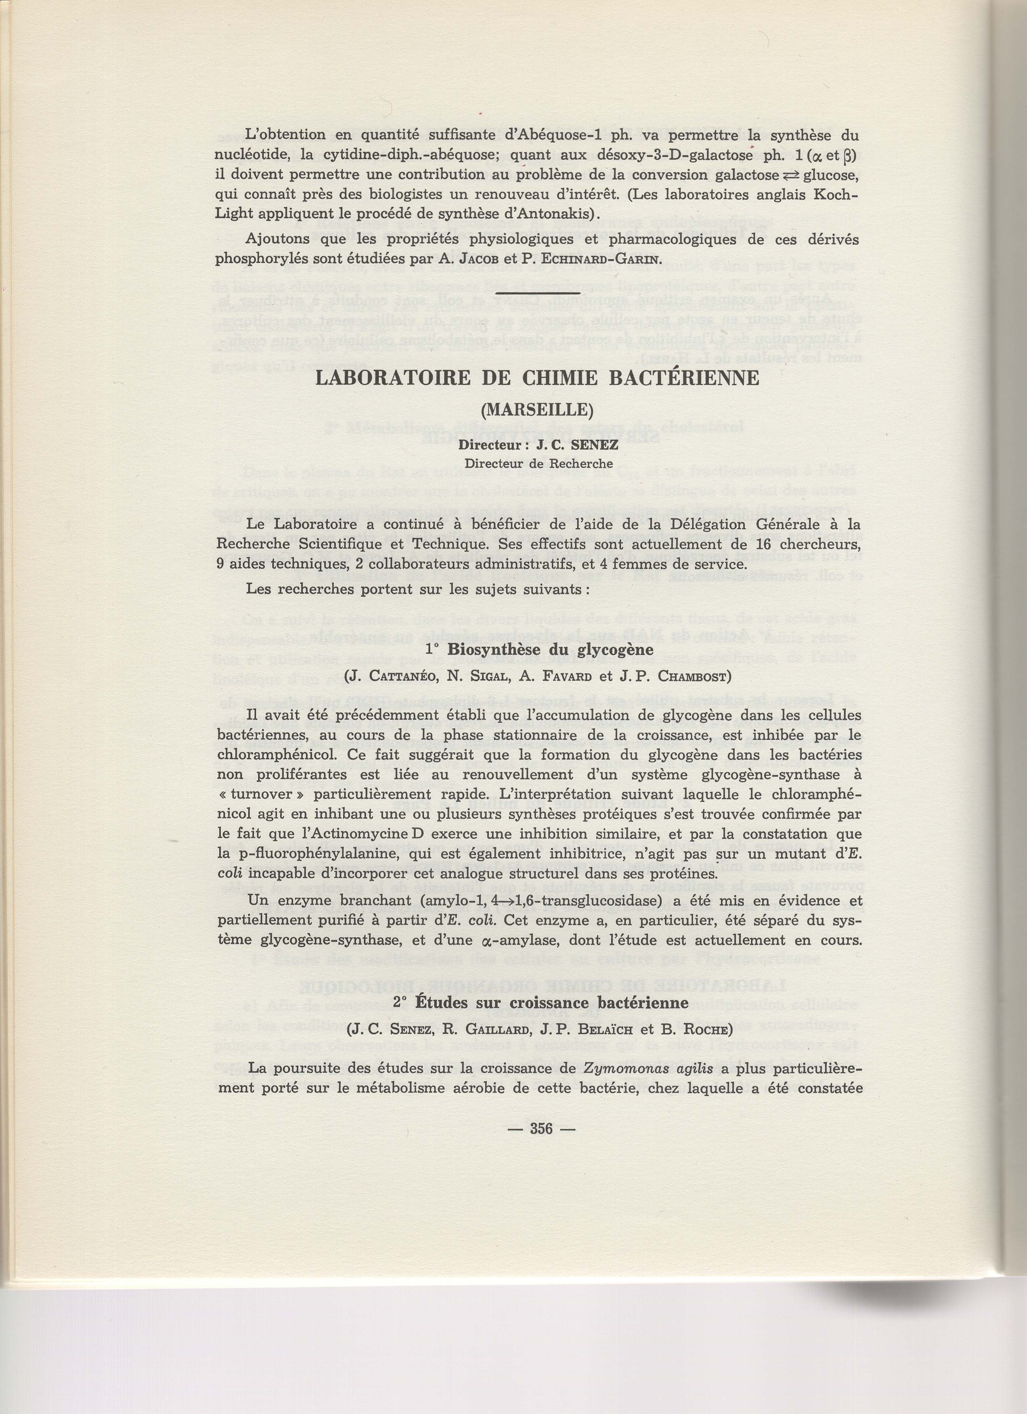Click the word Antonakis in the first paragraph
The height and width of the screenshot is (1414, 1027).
(552, 213)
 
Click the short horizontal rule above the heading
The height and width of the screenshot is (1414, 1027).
(541, 293)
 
